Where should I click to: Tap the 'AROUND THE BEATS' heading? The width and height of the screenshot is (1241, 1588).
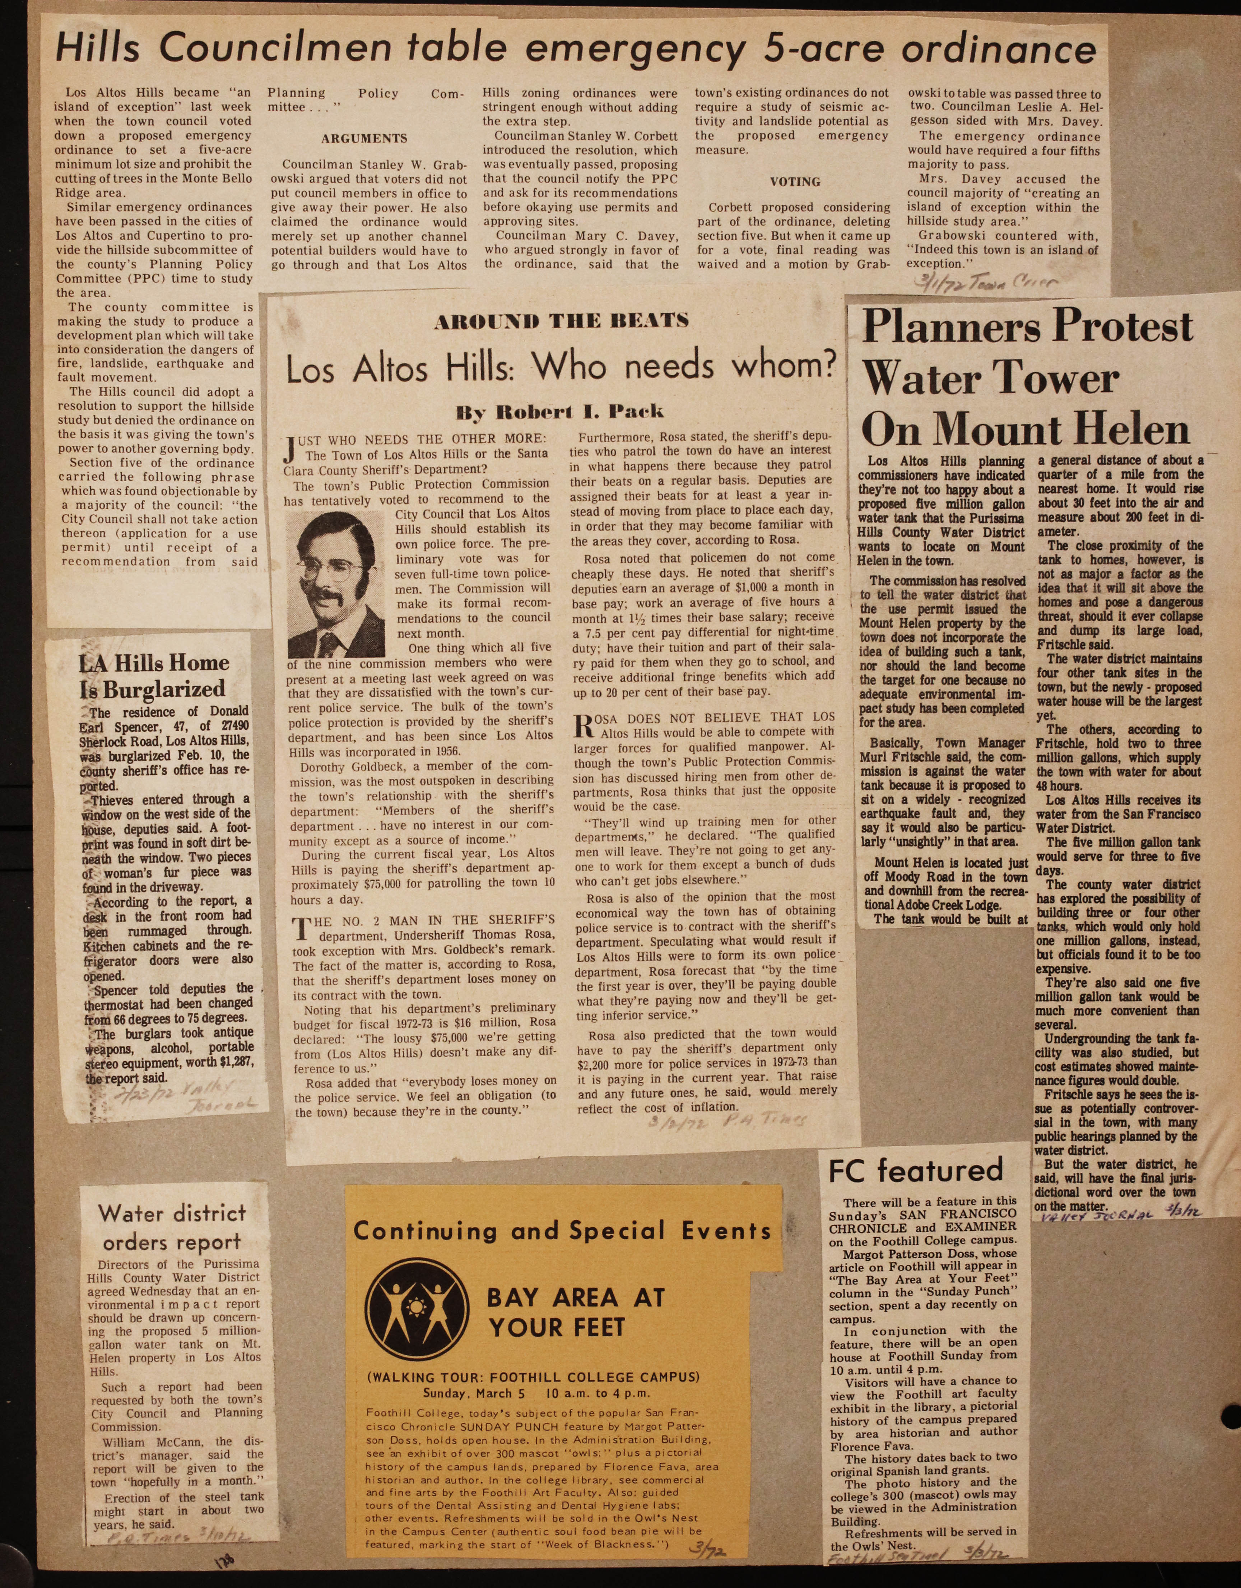561,321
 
